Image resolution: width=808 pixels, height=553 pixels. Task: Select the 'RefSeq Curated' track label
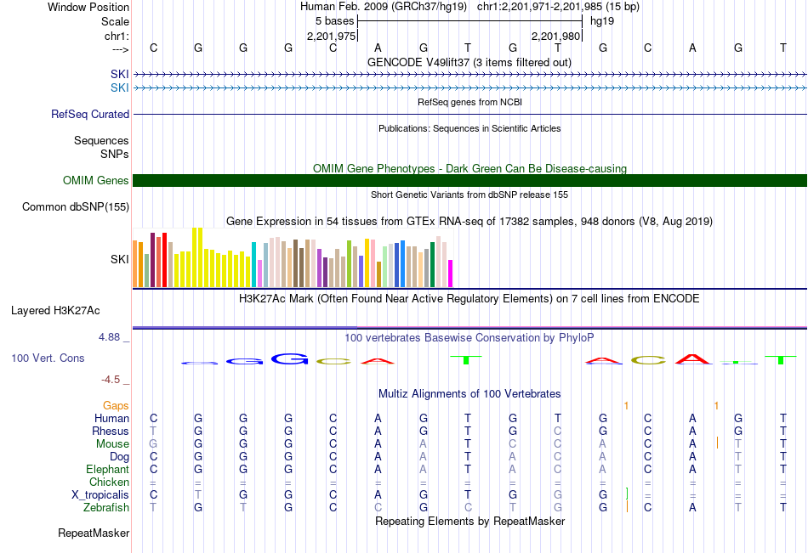(90, 114)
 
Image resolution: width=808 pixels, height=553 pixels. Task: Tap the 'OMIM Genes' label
(95, 180)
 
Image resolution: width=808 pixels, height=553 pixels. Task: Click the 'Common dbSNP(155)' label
(76, 206)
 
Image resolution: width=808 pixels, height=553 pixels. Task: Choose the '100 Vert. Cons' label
(48, 358)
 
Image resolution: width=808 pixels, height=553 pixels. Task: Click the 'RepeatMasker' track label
(94, 533)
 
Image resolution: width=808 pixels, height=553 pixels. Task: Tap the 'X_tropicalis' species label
(100, 494)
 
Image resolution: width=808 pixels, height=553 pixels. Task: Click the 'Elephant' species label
(107, 469)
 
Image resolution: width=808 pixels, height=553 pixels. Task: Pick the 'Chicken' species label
(109, 482)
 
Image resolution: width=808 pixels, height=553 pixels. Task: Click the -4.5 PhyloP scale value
(112, 380)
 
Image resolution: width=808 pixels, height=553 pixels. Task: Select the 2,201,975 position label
(331, 36)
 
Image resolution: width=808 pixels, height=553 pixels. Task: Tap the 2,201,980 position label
(555, 36)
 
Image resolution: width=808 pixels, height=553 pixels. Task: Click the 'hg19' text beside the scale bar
(601, 20)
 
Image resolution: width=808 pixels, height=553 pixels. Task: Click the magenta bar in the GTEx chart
(451, 273)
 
